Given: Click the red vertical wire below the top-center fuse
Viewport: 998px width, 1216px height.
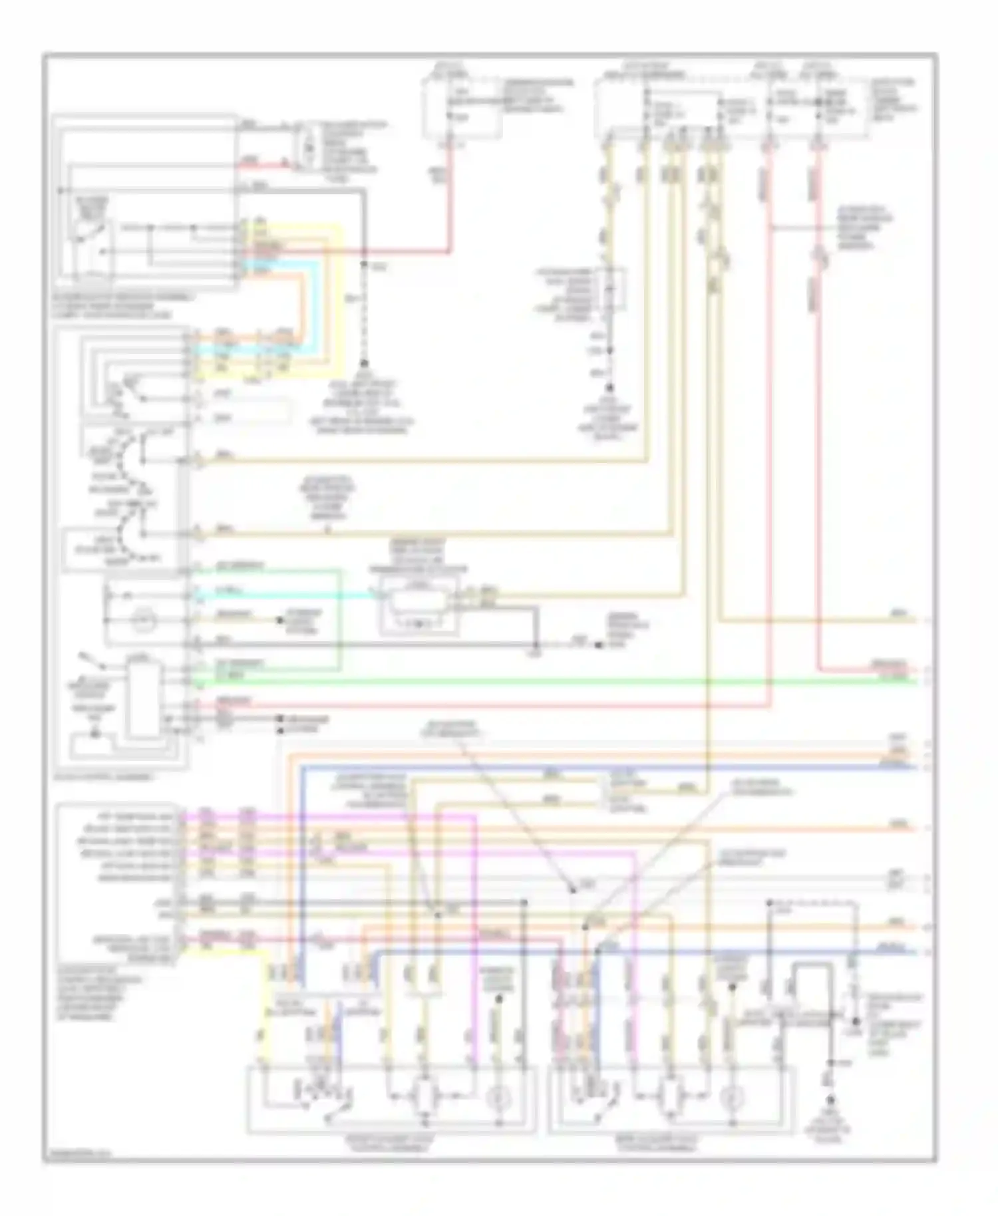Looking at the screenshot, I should pos(451,200).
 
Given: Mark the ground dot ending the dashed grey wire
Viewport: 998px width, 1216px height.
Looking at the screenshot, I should pos(364,364).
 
